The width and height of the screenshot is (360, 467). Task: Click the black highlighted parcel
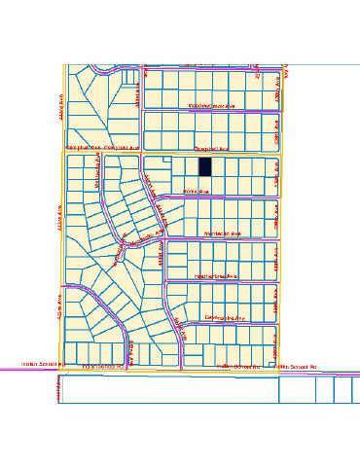coord(205,166)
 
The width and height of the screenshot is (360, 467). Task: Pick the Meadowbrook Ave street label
coord(213,106)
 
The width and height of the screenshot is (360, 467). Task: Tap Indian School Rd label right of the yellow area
coord(299,367)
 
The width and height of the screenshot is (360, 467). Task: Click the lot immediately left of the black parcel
coord(192,166)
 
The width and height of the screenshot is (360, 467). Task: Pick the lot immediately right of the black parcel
coord(219,166)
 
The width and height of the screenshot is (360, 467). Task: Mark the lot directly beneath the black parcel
coord(205,184)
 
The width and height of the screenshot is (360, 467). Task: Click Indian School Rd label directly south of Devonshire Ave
coord(233,366)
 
